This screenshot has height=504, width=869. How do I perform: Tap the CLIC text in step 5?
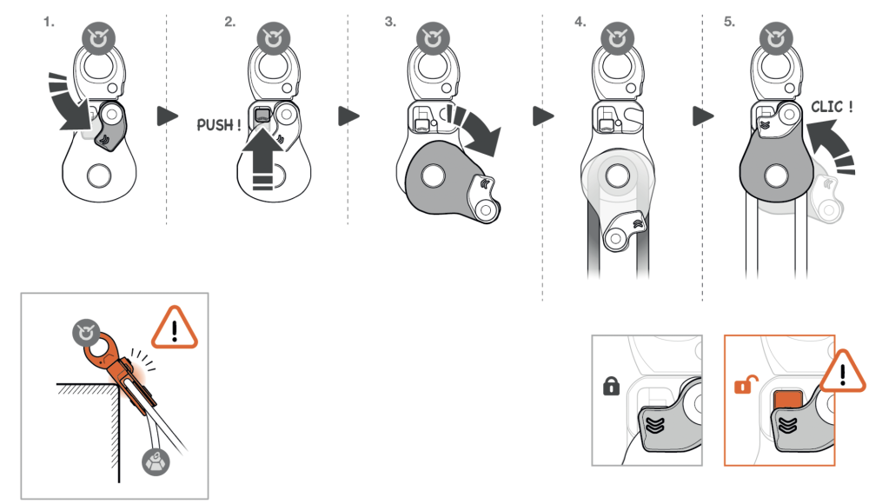832,107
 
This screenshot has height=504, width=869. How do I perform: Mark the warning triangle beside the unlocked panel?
843,371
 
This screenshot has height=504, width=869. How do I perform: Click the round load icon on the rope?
157,461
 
